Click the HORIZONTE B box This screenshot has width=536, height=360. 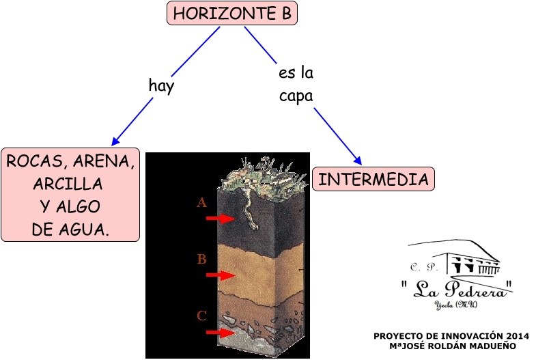[x=232, y=13]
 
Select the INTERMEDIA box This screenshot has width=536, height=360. [x=373, y=179]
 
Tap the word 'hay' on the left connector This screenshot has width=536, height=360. [x=162, y=86]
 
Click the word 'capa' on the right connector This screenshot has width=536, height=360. [x=296, y=96]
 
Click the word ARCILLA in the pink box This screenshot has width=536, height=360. [x=68, y=184]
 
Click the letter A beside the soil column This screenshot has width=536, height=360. [x=201, y=203]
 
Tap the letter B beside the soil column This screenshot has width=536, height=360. [x=201, y=260]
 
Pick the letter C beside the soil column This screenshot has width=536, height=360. [x=201, y=316]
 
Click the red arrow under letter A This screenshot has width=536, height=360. [x=220, y=218]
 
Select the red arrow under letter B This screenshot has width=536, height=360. [x=220, y=275]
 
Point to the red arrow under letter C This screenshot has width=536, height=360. [x=220, y=332]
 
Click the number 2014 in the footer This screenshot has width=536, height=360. [x=517, y=336]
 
